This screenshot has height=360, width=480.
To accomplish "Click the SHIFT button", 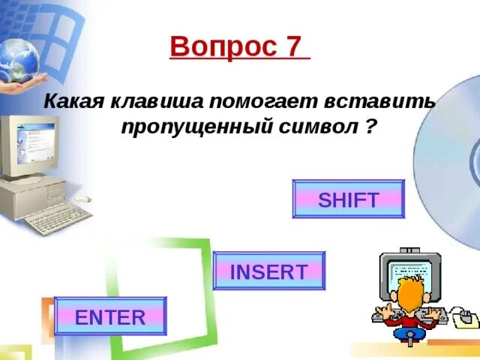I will [x=348, y=199].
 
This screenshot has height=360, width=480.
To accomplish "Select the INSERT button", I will [x=269, y=271].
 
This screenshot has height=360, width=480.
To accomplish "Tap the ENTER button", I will [x=110, y=316].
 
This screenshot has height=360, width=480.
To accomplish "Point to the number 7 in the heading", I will [x=293, y=47].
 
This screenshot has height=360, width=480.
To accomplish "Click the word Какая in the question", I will [x=73, y=101].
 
